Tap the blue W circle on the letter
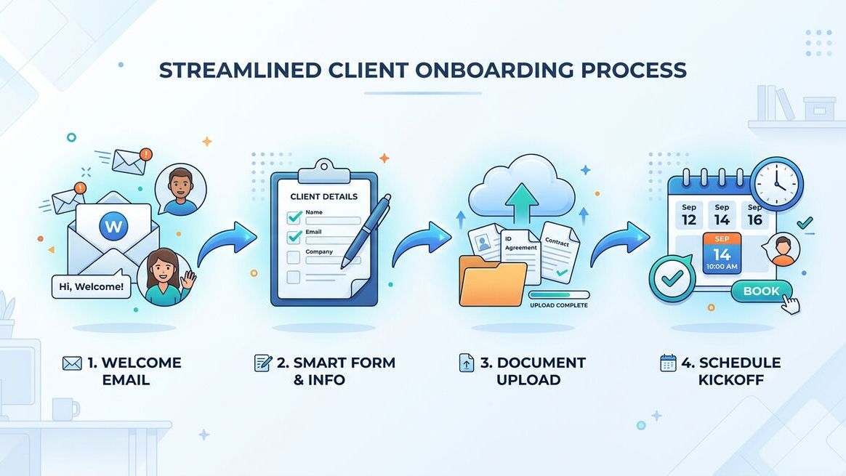113,226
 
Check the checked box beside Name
294,217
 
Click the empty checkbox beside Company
294,257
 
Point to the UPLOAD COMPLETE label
558,305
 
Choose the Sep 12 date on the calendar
688,215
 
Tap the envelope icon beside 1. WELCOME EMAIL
72,363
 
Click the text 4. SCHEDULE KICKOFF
720,371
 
